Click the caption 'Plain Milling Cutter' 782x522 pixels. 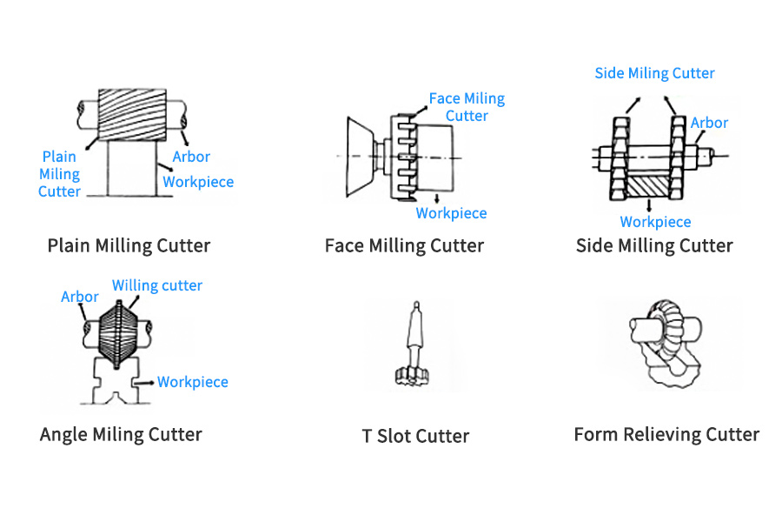[129, 245]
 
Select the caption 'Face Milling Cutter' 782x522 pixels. [404, 245]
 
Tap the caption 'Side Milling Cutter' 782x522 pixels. [654, 245]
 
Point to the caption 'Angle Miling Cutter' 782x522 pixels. [121, 434]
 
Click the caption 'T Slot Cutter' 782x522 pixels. [415, 436]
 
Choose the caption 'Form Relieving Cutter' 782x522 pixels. [666, 434]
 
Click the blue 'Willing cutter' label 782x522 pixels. [157, 285]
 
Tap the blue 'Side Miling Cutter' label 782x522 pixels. [654, 73]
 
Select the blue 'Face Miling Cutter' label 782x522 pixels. [467, 107]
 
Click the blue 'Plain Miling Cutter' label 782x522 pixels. [59, 173]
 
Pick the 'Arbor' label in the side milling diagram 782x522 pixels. [709, 123]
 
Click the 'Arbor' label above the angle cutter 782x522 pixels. [80, 297]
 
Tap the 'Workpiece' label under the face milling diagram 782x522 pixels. [451, 213]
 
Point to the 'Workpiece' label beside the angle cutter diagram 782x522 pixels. [192, 382]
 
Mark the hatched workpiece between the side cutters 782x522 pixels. [651, 184]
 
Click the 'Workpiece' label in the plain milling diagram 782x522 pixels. [198, 182]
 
